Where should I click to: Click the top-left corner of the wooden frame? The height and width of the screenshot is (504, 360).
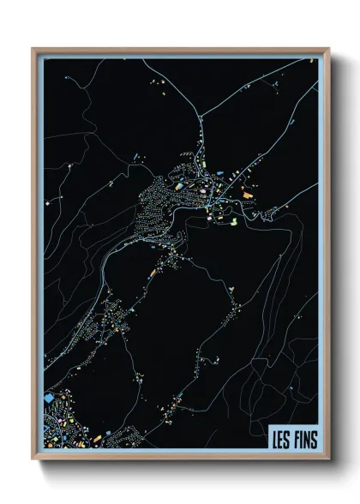pyautogui.click(x=33, y=49)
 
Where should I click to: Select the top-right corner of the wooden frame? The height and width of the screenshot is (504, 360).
pyautogui.click(x=328, y=49)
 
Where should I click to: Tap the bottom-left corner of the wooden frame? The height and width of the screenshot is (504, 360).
pyautogui.click(x=33, y=459)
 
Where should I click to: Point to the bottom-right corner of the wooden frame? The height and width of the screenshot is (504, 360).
pyautogui.click(x=328, y=459)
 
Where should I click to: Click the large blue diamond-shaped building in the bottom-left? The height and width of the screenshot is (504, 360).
pyautogui.click(x=48, y=399)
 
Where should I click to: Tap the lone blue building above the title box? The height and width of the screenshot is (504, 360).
pyautogui.click(x=292, y=391)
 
